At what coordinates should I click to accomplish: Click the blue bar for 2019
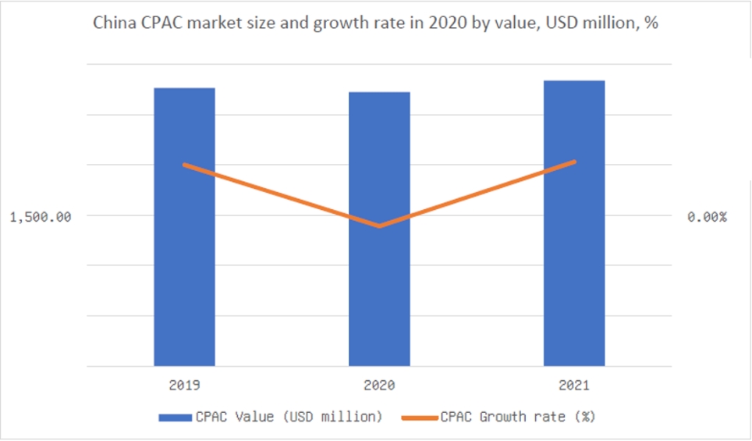tap(184, 227)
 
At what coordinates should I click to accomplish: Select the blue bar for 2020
tap(379, 229)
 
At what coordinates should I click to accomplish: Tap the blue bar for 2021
tap(574, 223)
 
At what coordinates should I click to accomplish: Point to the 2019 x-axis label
tap(185, 386)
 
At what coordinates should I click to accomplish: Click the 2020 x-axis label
tap(379, 386)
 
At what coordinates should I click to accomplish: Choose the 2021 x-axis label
tap(574, 386)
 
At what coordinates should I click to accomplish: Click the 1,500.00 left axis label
tap(41, 217)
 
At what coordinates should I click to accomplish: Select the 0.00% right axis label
tap(707, 217)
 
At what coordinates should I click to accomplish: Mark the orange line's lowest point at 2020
tap(379, 226)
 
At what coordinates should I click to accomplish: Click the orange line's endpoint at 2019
tap(185, 165)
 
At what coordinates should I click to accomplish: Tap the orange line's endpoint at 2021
tap(574, 162)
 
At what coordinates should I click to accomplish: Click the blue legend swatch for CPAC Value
tap(176, 418)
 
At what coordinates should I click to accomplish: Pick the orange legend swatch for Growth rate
tap(420, 418)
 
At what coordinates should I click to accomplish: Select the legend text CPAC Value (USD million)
tap(289, 417)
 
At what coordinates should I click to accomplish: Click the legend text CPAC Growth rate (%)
tap(518, 417)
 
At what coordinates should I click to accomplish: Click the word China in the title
tap(114, 23)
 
